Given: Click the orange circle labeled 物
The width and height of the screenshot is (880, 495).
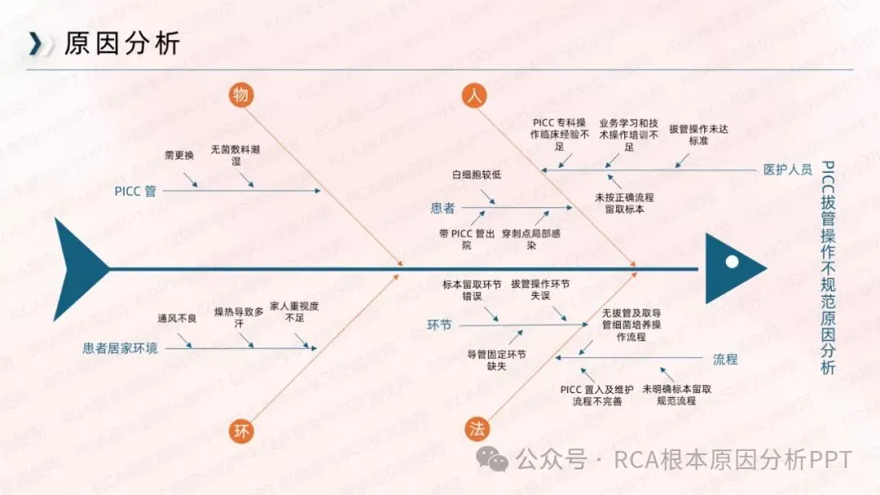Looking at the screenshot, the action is point(240,95).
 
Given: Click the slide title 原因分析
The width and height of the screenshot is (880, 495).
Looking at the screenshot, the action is point(122,43).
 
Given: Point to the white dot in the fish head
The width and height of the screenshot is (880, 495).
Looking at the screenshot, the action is point(732,262).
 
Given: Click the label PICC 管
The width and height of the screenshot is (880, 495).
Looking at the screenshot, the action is point(135,191).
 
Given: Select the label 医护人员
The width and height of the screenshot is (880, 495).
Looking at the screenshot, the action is point(787,170).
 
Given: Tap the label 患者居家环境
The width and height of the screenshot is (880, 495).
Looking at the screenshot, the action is point(121,348).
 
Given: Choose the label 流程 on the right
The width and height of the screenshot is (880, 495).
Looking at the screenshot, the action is point(725,358).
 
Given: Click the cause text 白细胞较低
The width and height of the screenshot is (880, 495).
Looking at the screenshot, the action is point(477,175).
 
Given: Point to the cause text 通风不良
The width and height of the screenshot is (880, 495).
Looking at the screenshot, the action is point(177,318).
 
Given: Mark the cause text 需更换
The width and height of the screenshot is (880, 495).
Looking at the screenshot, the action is point(178,155).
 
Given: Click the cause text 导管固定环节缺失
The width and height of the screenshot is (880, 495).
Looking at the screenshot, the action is point(496,360).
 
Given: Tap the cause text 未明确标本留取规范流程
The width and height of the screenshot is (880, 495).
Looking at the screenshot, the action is point(676,395).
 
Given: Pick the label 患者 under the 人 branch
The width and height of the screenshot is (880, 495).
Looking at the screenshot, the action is point(442,208).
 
